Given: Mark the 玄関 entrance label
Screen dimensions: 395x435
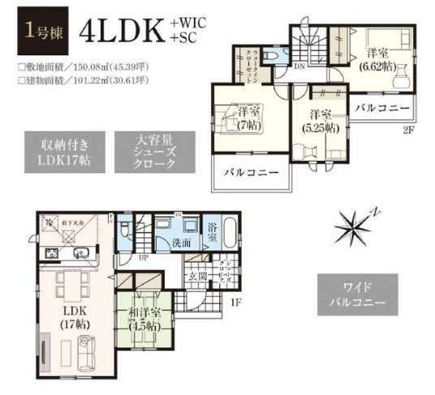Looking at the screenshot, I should (x=197, y=277).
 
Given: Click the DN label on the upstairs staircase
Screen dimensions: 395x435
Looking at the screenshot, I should (x=300, y=67).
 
